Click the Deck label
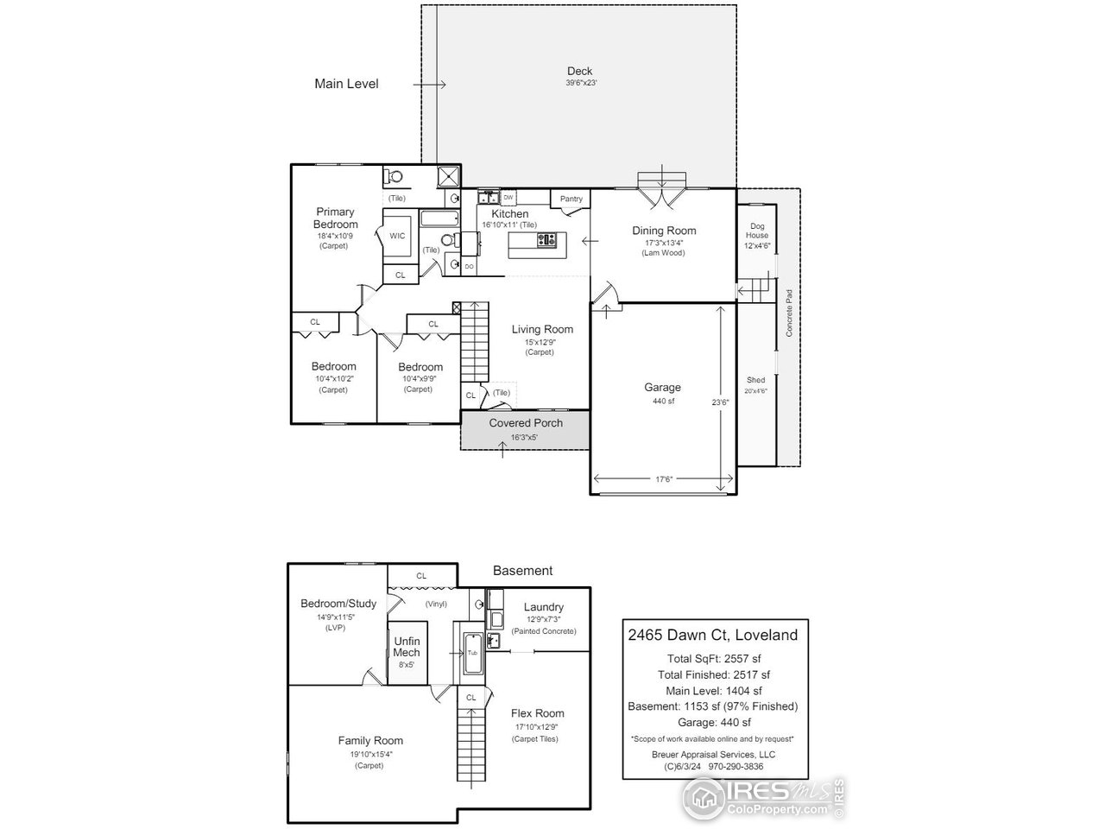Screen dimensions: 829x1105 coord(579,72)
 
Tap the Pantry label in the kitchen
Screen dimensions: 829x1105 coord(571,199)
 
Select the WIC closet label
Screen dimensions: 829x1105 coord(397,236)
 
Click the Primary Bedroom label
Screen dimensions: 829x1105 coord(335,218)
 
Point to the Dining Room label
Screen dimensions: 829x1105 coord(664,231)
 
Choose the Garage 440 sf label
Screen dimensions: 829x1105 coord(662,388)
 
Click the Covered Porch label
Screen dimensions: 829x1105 coord(526,423)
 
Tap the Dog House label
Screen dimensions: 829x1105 coord(756,230)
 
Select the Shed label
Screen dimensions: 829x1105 coord(756,380)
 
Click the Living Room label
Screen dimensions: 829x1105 coord(542,329)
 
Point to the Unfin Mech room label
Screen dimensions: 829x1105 coord(407,647)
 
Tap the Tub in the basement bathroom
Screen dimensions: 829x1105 coord(472,652)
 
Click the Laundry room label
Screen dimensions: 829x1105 coord(543,607)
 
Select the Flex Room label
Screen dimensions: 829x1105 coord(537,713)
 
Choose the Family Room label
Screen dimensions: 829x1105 coord(369,741)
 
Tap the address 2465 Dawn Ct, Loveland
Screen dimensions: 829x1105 coord(712,636)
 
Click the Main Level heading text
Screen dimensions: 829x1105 coord(346,84)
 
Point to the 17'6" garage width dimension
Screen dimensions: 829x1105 coord(663,479)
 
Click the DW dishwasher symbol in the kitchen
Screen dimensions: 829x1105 coord(508,198)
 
